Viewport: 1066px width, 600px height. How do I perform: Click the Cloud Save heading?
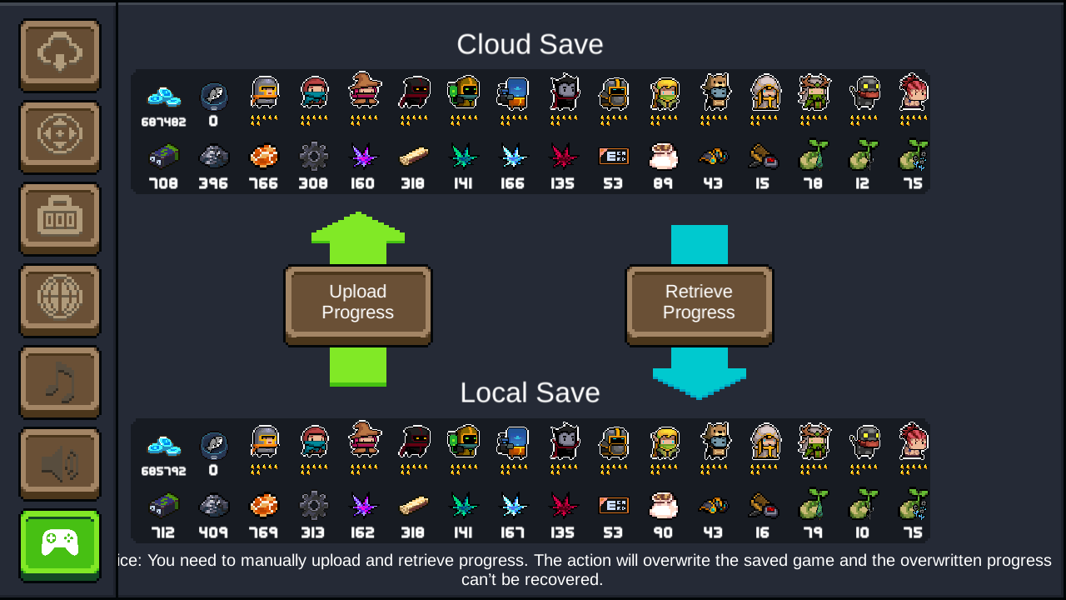point(530,44)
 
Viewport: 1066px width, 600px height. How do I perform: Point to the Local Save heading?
point(530,392)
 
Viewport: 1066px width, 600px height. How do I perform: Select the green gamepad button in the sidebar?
point(60,544)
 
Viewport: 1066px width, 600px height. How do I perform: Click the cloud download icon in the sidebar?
point(60,54)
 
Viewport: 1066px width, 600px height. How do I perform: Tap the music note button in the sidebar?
point(60,381)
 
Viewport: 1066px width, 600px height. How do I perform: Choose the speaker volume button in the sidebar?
point(60,462)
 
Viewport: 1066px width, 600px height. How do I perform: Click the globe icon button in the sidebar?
point(60,299)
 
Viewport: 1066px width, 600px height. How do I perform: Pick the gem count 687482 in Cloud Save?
point(163,122)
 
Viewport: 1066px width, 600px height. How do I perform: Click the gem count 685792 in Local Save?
point(163,471)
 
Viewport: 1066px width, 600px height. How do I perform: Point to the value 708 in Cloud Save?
point(163,183)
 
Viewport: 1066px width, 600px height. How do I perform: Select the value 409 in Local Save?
point(213,532)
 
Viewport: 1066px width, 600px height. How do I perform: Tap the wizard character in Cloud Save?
point(364,90)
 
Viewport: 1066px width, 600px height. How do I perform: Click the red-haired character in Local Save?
point(914,441)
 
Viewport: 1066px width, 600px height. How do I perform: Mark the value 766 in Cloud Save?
point(263,183)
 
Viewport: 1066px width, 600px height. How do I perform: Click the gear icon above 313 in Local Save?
point(313,505)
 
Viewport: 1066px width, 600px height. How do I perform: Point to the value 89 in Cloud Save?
point(663,183)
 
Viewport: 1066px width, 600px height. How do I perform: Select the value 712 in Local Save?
point(163,532)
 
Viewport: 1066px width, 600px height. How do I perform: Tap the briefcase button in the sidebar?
point(60,217)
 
